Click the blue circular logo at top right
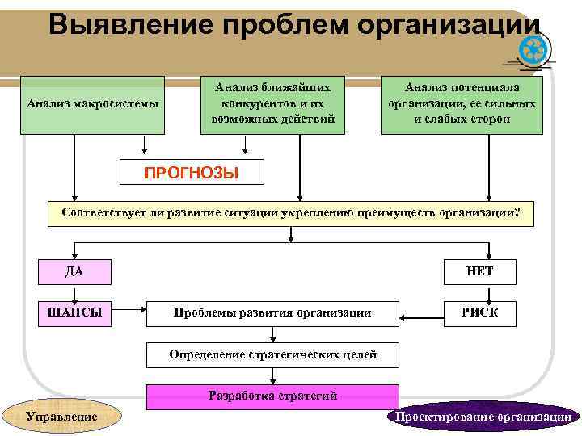pyautogui.click(x=536, y=52)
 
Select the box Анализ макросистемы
pyautogui.click(x=93, y=104)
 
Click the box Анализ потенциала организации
pyautogui.click(x=462, y=104)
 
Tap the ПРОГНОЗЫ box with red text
pyautogui.click(x=191, y=172)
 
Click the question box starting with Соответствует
pyautogui.click(x=291, y=213)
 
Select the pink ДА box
pyautogui.click(x=74, y=271)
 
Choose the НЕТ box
pyautogui.click(x=479, y=271)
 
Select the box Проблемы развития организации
pyautogui.click(x=272, y=313)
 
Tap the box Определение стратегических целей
pyautogui.click(x=272, y=354)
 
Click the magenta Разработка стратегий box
pyautogui.click(x=272, y=396)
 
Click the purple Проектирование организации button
pyautogui.click(x=483, y=417)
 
